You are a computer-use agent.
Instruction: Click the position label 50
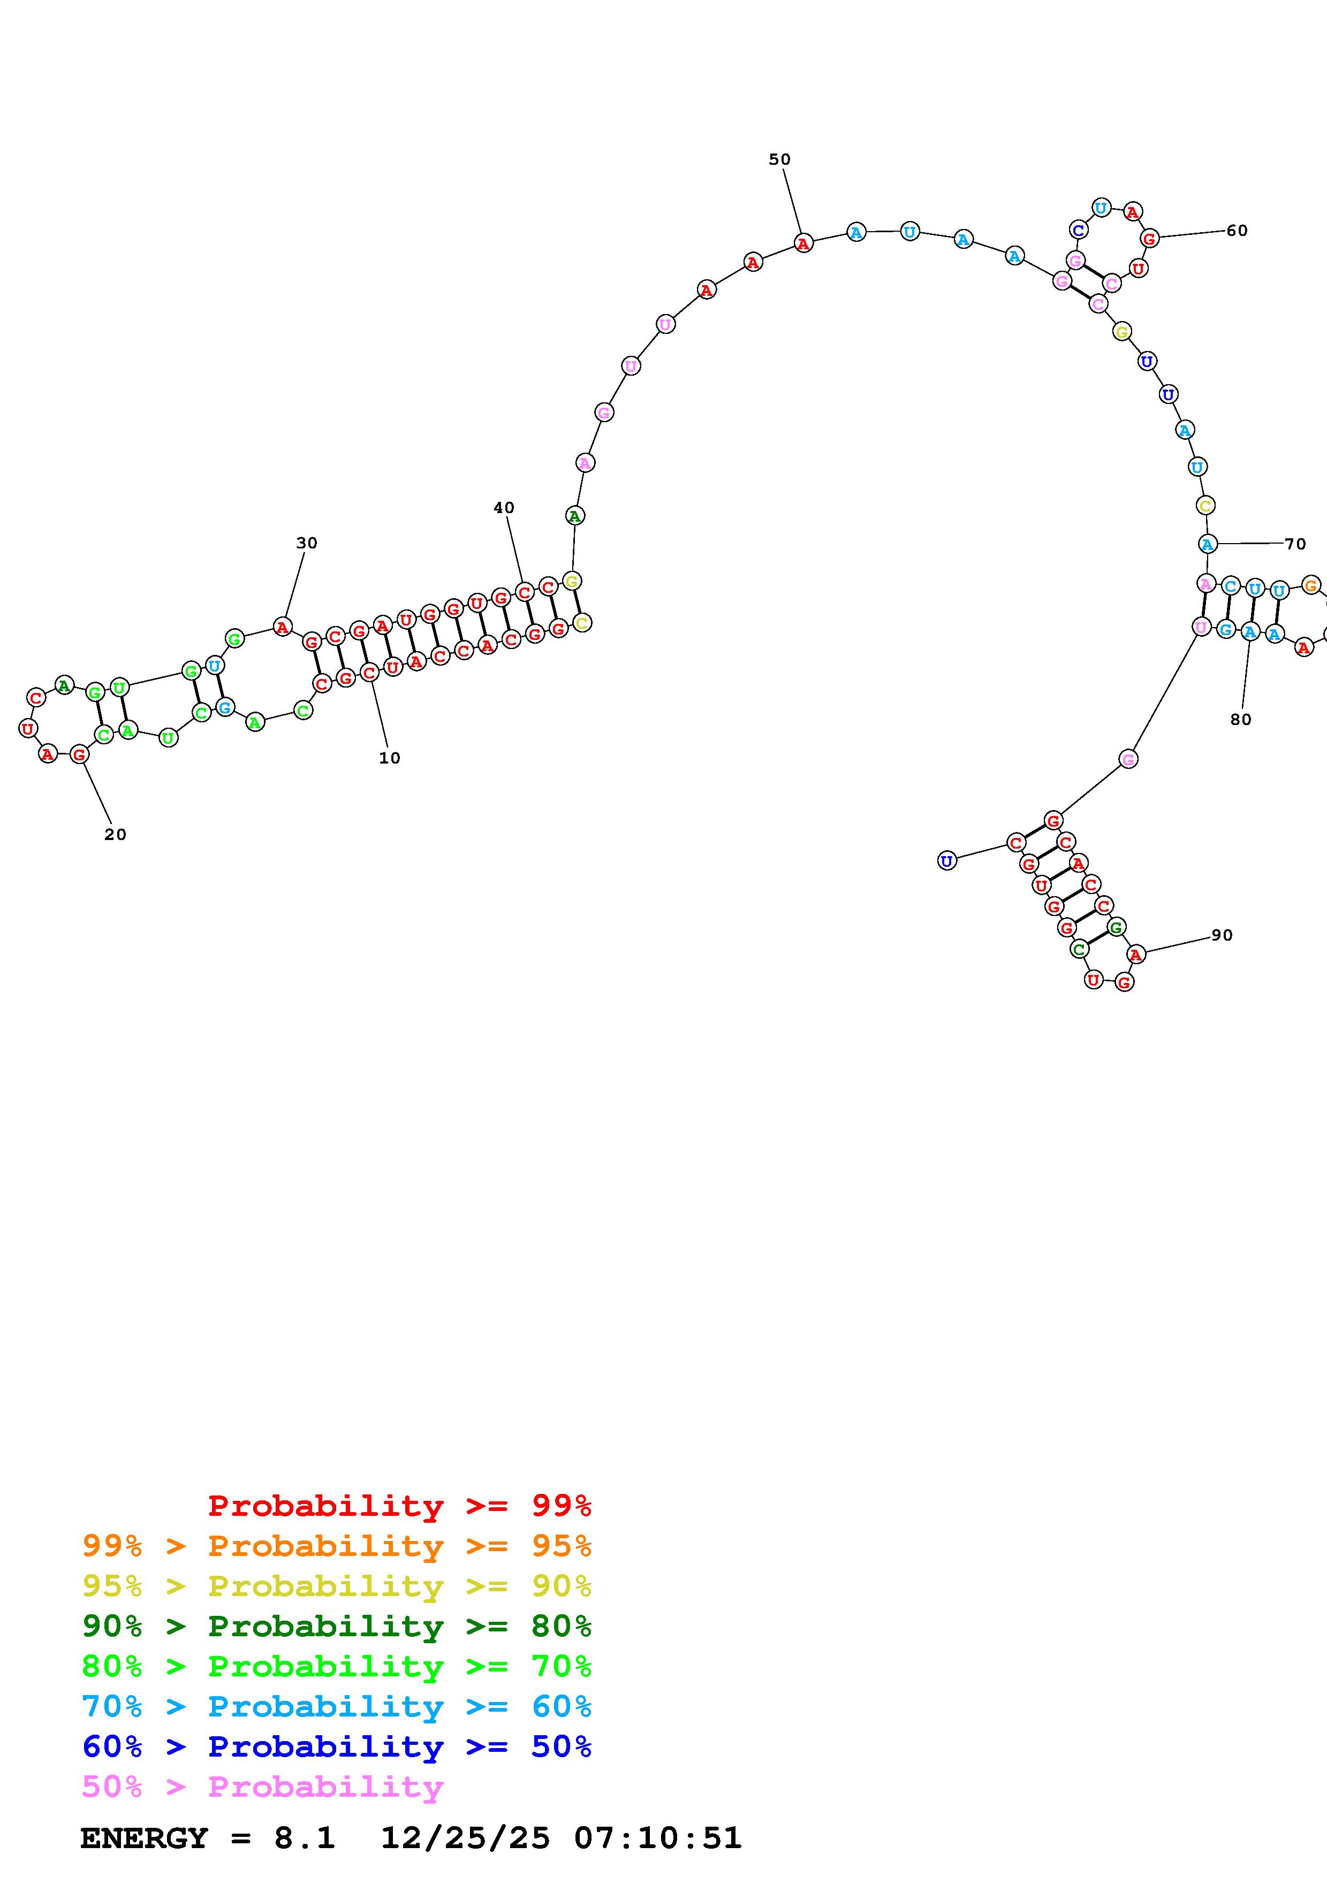pyautogui.click(x=779, y=159)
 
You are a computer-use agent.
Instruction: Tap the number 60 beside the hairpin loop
pyautogui.click(x=1237, y=231)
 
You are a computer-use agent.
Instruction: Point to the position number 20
pyautogui.click(x=115, y=835)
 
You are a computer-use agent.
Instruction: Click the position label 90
pyautogui.click(x=1222, y=935)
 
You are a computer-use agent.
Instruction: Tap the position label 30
pyautogui.click(x=307, y=543)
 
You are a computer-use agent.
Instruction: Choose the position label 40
pyautogui.click(x=504, y=508)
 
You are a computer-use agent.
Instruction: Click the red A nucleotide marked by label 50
pyautogui.click(x=803, y=243)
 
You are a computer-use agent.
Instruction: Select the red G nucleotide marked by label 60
pyautogui.click(x=1150, y=239)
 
